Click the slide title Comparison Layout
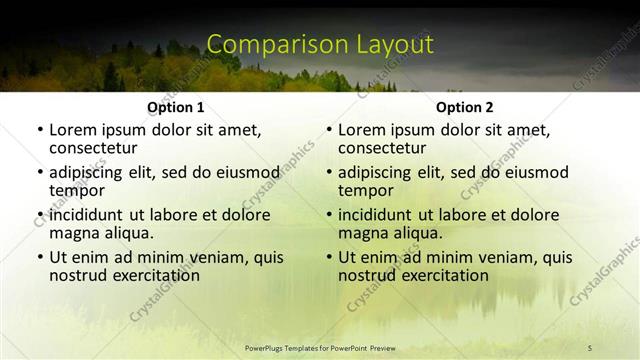[320, 45]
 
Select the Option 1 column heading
[175, 107]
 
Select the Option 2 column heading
[464, 107]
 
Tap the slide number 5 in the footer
[590, 347]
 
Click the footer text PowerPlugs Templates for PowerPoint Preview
[320, 347]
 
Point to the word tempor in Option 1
[77, 190]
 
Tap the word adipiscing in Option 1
[89, 172]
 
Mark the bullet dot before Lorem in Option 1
[39, 130]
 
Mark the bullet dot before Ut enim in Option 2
[328, 258]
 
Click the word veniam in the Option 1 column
[222, 258]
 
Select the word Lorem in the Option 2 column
[360, 130]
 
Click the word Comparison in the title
[266, 45]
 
